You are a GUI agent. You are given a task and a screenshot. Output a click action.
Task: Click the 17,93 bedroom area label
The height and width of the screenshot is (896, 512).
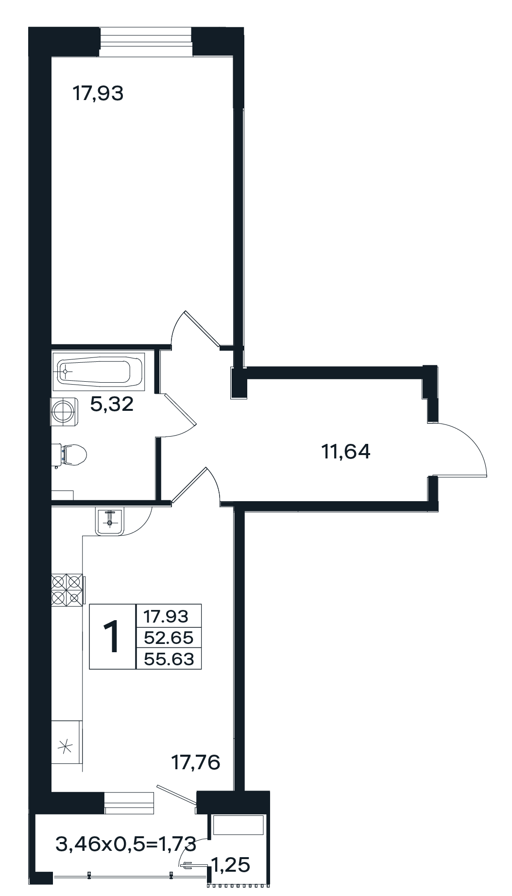pos(98,93)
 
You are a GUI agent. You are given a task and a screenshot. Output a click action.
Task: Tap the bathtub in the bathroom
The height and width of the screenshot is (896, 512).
pos(98,371)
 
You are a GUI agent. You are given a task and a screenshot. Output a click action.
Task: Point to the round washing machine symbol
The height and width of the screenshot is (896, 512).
pos(64,411)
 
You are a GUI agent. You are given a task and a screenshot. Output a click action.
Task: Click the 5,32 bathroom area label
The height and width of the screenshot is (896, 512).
pos(112,404)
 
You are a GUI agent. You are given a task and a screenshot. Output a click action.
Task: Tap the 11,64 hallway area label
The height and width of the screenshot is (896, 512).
pos(346,452)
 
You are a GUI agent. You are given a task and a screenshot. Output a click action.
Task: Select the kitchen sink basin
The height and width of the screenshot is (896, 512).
pos(110,521)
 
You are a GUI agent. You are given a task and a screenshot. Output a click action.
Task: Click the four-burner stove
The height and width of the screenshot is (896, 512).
pos(67,590)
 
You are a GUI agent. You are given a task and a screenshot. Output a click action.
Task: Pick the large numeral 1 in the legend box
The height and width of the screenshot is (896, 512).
pos(113,637)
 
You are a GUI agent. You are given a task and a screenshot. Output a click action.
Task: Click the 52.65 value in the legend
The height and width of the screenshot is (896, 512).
pos(169,637)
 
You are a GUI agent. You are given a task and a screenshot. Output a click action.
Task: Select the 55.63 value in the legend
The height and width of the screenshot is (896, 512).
pos(169,659)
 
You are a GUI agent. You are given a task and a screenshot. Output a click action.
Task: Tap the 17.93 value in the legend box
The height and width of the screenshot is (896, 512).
pos(166,616)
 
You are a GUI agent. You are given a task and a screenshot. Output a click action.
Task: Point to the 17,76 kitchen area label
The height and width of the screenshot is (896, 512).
pos(196,762)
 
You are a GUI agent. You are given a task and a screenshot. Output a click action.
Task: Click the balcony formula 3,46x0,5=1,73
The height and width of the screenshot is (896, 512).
pos(126,845)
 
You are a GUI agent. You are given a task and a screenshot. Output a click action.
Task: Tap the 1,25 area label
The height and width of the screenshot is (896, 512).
pos(230,864)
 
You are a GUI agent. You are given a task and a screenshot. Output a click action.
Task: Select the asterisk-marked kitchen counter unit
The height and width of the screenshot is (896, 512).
pos(67,746)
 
